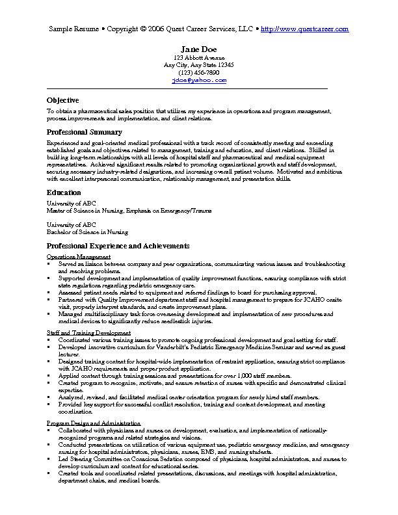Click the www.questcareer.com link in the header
304,29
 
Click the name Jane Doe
199,49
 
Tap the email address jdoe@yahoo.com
199,80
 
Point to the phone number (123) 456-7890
199,73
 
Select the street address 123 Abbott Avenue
199,58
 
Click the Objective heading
62,100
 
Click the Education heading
64,192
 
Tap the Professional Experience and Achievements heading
118,246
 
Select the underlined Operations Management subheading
73,257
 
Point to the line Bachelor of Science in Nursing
87,231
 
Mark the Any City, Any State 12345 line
199,65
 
